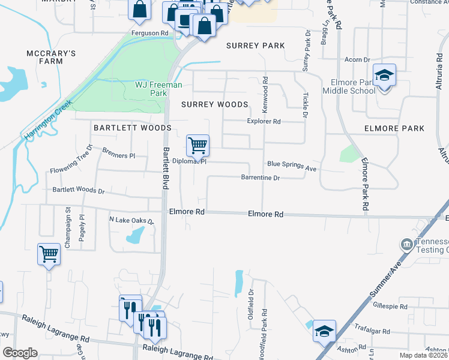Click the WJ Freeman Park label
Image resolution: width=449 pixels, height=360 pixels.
coord(158,89)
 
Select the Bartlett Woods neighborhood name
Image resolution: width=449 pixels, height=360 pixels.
coord(132,128)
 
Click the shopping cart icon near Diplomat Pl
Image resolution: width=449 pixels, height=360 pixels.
coord(197,145)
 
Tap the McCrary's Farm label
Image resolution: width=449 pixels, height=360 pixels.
coord(50,57)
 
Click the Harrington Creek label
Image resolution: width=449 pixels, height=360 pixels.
coord(48,121)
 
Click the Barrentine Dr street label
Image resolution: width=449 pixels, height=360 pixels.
coord(261,178)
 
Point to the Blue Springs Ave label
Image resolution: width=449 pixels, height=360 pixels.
coord(292,166)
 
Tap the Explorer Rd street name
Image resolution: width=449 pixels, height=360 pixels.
coord(264,121)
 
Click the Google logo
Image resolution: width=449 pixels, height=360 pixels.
coord(20,353)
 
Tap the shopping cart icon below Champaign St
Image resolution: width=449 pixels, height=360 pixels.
coord(49,254)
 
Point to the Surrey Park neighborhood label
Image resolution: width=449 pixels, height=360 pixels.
coord(255,46)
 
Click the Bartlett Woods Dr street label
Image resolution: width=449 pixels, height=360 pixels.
coord(79,190)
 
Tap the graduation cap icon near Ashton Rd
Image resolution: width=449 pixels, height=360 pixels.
coord(324,331)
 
